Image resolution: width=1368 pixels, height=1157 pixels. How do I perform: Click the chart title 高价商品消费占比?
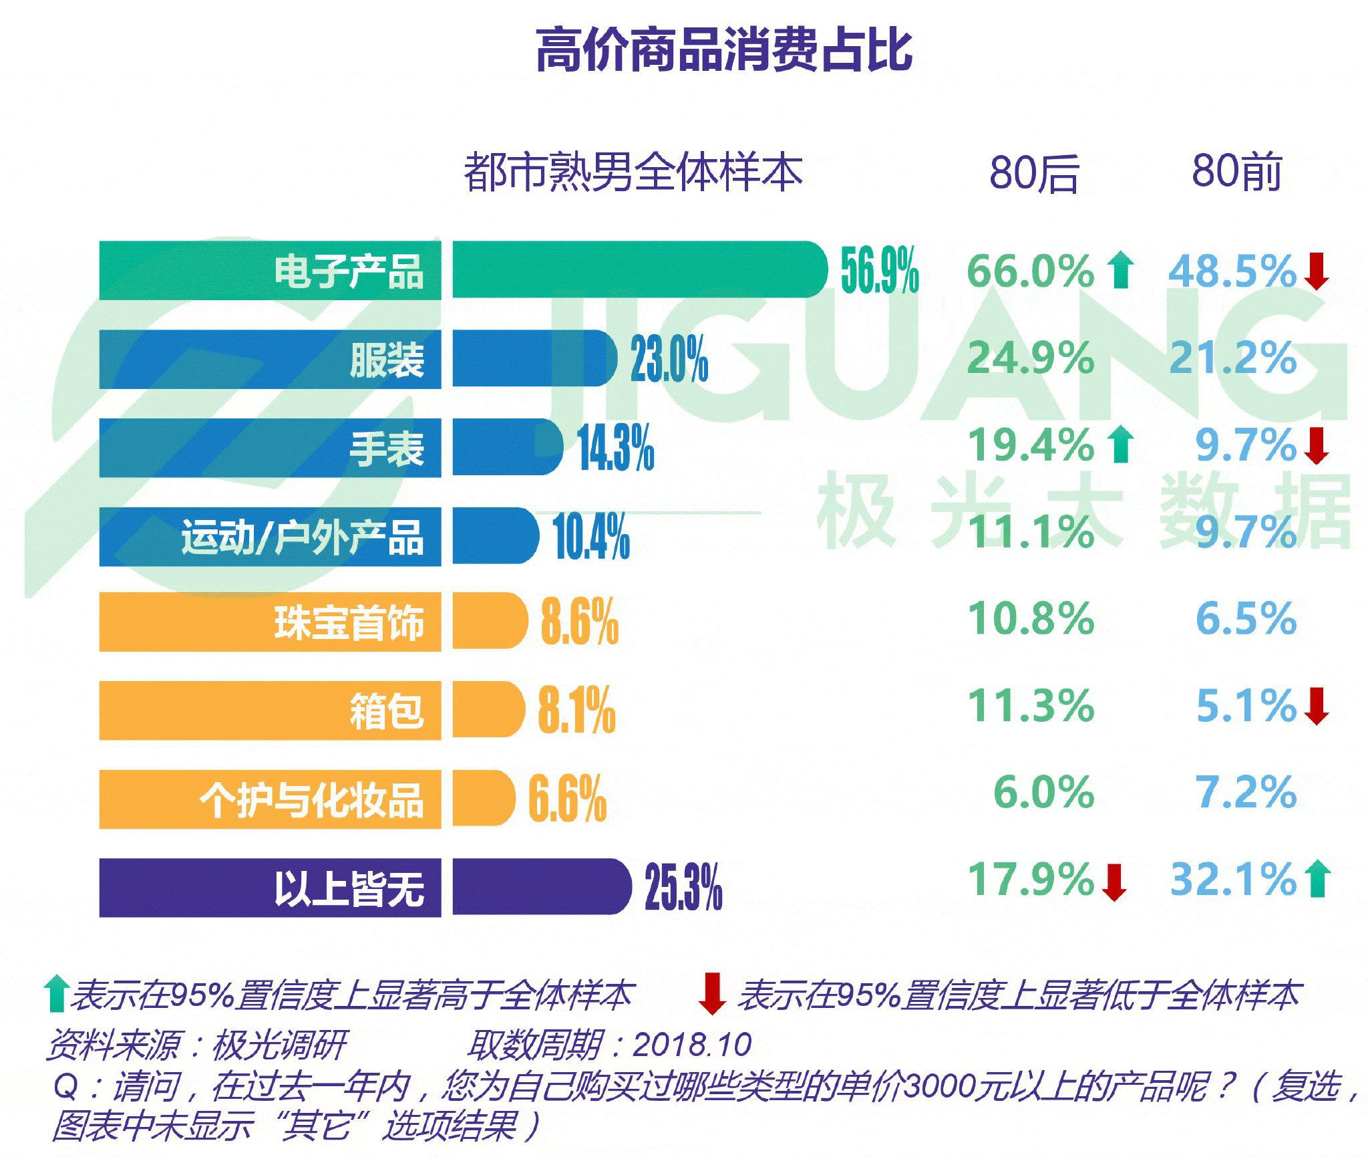pos(724,50)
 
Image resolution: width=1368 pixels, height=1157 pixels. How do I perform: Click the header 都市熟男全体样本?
pos(633,172)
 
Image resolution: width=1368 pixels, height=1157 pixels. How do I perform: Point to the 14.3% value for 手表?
pos(615,448)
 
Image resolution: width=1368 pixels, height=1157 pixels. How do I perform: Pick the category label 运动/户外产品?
pos(302,537)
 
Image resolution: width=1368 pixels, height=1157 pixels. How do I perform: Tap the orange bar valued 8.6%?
pos(490,620)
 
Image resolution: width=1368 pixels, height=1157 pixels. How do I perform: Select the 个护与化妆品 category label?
pos(311,799)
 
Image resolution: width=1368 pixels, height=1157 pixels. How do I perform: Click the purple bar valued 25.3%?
pos(541,887)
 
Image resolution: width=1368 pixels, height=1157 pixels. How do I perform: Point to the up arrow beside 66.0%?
pos(1120,271)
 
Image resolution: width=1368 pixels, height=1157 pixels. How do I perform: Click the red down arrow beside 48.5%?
pos(1317,271)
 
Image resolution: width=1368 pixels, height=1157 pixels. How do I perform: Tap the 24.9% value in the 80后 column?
pos(1031,358)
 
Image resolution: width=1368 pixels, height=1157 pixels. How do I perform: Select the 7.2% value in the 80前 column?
pos(1245,793)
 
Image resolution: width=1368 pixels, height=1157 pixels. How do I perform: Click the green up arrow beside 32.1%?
pos(1318,879)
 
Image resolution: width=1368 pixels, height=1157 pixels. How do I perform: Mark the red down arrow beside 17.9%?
pos(1114,882)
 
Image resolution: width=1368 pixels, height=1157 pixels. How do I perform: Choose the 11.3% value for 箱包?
pos(1031,706)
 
